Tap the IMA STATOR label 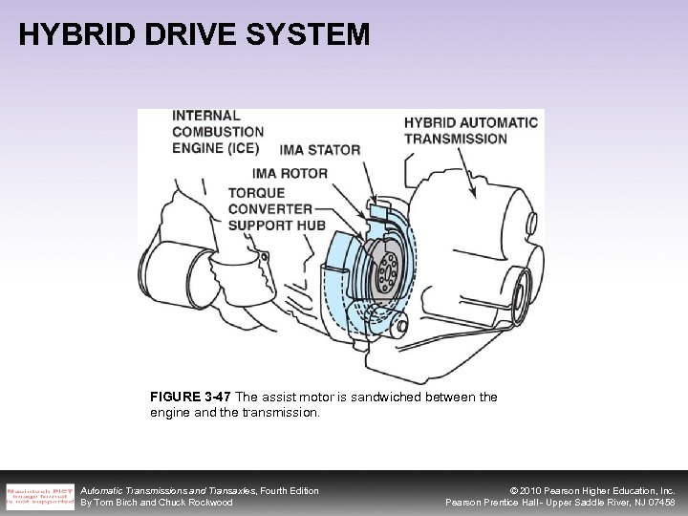[x=320, y=150]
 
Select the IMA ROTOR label [x=290, y=173]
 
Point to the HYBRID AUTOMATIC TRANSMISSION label [x=470, y=130]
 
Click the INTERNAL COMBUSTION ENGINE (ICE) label [x=217, y=132]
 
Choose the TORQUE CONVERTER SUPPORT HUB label [x=276, y=208]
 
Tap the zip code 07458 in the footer [x=659, y=503]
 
